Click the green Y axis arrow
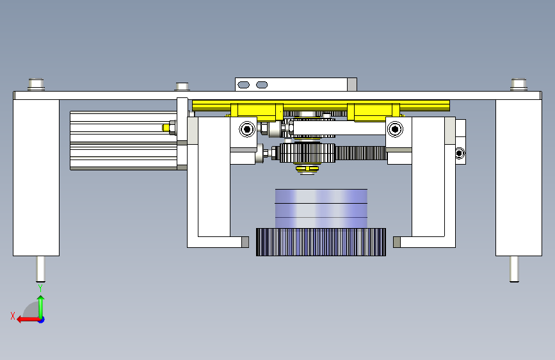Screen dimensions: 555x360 click(x=41, y=307)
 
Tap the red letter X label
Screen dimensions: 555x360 click(x=13, y=316)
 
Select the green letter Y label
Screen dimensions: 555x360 click(x=40, y=288)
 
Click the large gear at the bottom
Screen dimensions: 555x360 click(x=321, y=242)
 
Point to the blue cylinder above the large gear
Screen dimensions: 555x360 click(x=321, y=208)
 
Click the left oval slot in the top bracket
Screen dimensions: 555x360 click(x=243, y=85)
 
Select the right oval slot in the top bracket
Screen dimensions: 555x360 click(x=262, y=85)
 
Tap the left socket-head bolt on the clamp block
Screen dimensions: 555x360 click(x=247, y=129)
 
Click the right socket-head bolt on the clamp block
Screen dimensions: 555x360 click(x=395, y=129)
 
